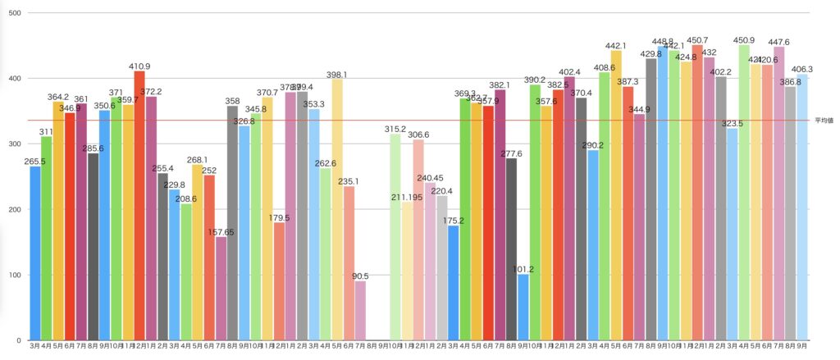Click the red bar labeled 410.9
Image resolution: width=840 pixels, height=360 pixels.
tap(139, 205)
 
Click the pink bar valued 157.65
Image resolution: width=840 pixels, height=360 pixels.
tap(221, 288)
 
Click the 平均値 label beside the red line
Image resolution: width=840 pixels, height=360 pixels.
tap(824, 121)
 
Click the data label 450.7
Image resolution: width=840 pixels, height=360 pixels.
tap(697, 39)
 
